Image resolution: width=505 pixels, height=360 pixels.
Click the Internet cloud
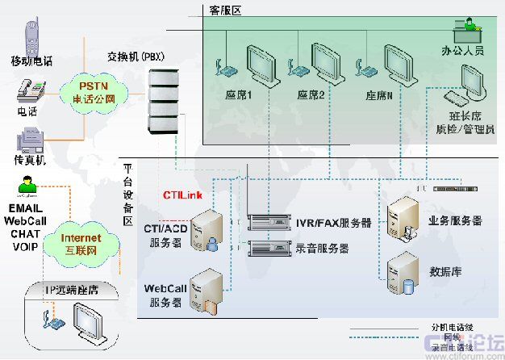[81, 243]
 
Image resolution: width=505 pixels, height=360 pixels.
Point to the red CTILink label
[182, 195]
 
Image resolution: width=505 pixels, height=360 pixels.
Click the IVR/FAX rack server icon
[269, 221]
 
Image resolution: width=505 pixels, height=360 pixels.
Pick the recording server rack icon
[269, 248]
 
